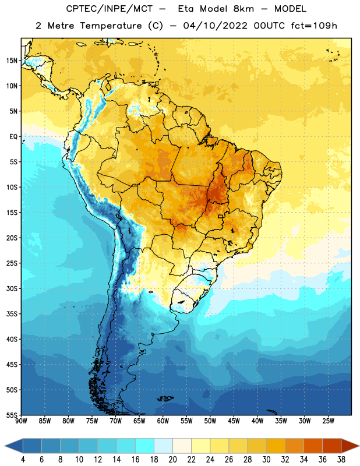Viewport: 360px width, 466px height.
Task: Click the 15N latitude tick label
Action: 12,61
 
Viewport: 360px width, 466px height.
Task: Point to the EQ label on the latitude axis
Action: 13,137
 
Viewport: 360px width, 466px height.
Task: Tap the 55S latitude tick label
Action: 12,415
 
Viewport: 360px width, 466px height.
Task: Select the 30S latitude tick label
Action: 12,288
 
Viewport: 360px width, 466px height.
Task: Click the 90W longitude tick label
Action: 21,421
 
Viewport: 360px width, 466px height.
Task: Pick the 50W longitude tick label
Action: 210,421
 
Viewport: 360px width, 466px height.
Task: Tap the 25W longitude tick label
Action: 328,421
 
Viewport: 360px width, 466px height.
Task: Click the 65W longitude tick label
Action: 139,421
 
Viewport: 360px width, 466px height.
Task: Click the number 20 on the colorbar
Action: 172,460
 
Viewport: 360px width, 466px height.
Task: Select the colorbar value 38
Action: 341,460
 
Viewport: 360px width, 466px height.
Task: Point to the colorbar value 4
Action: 23,460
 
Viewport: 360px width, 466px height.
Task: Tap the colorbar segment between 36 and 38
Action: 332,446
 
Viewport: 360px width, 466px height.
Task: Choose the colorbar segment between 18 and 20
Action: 163,446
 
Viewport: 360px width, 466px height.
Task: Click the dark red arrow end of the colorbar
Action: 350,446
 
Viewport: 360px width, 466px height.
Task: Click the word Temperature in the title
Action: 111,26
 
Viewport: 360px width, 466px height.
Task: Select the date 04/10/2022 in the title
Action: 215,26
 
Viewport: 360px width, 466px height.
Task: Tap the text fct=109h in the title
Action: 313,26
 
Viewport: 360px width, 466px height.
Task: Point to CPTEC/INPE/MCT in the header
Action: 109,9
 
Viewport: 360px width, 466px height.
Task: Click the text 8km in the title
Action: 243,9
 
